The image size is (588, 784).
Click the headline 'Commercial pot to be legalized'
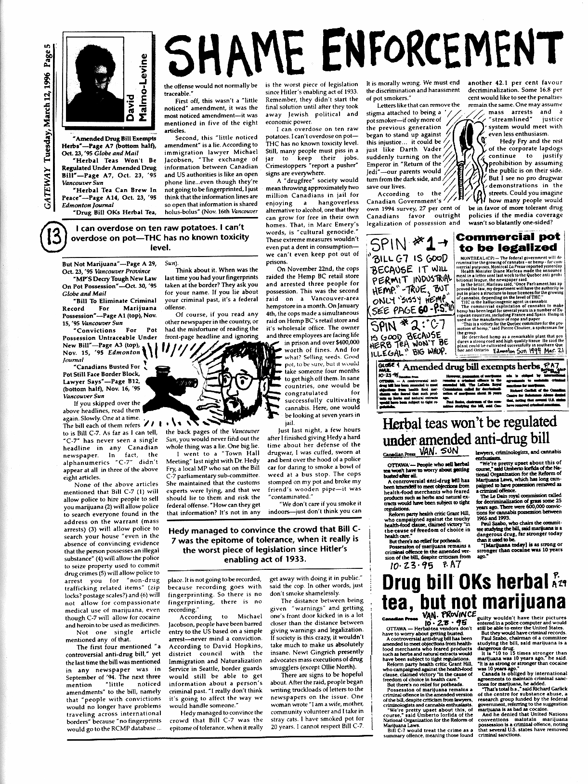point(508,242)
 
